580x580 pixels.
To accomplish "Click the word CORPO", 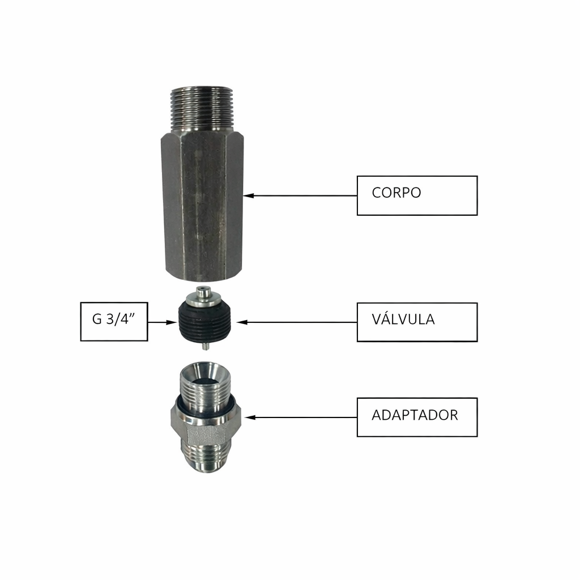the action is coord(396,193).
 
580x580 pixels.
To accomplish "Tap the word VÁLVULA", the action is coord(403,319).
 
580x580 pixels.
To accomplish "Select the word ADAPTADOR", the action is coord(415,415).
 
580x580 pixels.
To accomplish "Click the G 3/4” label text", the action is coord(113,318).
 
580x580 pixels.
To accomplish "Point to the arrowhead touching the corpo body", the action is coord(248,195).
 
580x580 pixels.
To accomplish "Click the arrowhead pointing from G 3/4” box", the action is coord(172,322).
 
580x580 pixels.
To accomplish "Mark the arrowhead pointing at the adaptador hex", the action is coord(250,417).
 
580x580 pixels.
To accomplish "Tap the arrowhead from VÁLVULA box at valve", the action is coord(242,322).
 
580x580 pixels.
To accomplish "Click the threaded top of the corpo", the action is coord(202,108).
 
